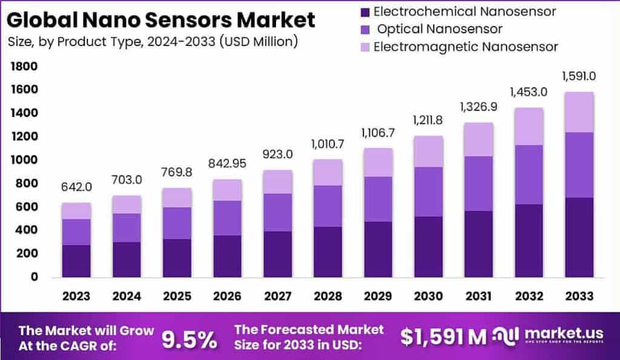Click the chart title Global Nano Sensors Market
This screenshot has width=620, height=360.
tap(160, 19)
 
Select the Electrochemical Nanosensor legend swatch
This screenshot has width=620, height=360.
tap(363, 11)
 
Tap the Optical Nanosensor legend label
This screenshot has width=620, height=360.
tap(440, 29)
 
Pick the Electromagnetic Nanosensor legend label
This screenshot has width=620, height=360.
tap(466, 47)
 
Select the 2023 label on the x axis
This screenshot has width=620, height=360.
tap(76, 296)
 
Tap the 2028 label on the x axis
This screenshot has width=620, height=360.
tap(328, 296)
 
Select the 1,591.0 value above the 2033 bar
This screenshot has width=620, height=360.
tap(579, 76)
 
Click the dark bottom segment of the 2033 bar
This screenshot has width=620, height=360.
tap(579, 237)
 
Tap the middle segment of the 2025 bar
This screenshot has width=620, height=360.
tap(177, 223)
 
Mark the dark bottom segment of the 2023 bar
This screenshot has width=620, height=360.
tap(76, 261)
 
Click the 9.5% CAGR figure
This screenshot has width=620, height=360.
tap(190, 339)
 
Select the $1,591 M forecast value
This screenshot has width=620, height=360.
tap(443, 337)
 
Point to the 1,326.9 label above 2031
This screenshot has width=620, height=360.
tap(478, 107)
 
